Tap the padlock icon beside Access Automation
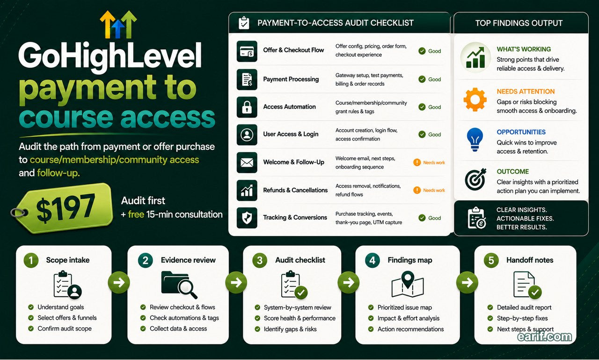[247, 107]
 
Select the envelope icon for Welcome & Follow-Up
[247, 162]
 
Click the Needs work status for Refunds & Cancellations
[429, 190]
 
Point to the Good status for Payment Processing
[430, 79]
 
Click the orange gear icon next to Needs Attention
[475, 100]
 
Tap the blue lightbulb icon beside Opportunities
[475, 140]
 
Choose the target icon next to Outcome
[475, 179]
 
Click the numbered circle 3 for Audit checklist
[259, 260]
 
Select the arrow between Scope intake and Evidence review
[119, 282]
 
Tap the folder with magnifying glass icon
[179, 285]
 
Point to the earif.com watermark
[544, 337]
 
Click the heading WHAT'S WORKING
[524, 49]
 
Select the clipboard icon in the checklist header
[244, 23]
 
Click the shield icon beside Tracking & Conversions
[247, 218]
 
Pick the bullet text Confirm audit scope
[65, 329]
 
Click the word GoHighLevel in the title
[110, 56]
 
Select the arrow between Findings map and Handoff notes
[467, 282]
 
